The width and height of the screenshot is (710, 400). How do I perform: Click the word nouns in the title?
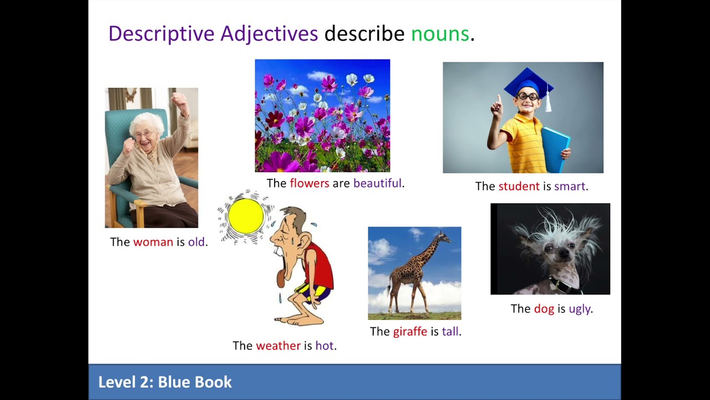[x=440, y=34]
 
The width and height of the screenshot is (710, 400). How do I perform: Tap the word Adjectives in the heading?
[x=269, y=34]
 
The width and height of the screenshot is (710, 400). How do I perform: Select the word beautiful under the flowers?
[x=377, y=183]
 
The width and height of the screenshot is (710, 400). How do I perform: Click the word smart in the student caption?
[x=570, y=186]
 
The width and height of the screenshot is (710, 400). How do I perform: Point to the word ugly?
[x=579, y=309]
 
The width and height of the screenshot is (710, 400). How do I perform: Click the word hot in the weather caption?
[x=324, y=346]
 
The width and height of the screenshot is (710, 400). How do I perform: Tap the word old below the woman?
[x=196, y=242]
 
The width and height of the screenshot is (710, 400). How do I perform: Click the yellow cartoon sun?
[x=246, y=216]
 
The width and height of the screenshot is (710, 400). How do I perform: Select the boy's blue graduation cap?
[x=528, y=82]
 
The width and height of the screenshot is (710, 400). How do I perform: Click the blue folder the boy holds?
[x=555, y=148]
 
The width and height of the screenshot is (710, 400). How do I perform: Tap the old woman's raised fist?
[x=179, y=101]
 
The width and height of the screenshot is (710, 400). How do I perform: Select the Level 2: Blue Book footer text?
[x=165, y=382]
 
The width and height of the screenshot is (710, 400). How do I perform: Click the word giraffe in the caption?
[x=410, y=332]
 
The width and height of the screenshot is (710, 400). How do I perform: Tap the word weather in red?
[x=278, y=346]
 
